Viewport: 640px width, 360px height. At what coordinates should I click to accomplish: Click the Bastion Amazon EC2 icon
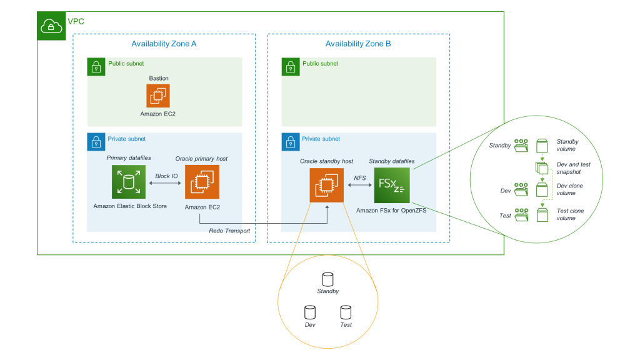tap(158, 96)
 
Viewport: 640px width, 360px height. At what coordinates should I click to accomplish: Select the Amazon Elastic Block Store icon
tap(129, 182)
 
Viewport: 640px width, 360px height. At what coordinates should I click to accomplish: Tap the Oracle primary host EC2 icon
tap(202, 182)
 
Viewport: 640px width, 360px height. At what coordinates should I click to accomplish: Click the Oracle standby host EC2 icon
tap(327, 186)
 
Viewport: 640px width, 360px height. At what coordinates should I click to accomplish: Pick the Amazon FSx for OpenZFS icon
tap(392, 185)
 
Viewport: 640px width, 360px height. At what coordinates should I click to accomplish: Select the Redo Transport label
tap(229, 231)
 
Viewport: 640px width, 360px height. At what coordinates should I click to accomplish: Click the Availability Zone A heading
tap(164, 44)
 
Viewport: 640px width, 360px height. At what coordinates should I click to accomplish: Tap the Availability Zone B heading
tap(358, 44)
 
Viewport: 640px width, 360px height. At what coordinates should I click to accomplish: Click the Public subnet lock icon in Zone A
tap(96, 66)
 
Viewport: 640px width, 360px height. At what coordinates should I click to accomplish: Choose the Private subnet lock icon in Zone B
tap(290, 141)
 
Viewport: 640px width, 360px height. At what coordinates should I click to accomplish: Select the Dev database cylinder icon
tap(309, 312)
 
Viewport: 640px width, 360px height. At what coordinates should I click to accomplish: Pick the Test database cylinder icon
tap(346, 312)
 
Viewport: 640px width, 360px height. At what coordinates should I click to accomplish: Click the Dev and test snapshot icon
tap(541, 167)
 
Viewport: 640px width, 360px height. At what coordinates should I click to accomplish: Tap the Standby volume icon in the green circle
tap(541, 146)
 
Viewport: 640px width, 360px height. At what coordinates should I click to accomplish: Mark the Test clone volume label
tap(570, 214)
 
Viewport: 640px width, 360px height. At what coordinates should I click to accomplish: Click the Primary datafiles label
tap(129, 159)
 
